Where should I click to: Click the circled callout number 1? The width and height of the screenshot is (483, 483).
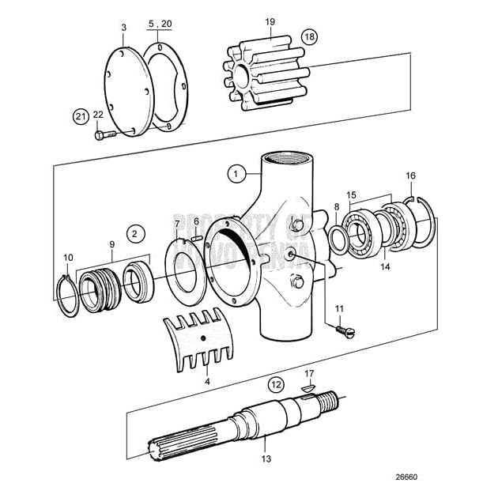[x=234, y=171]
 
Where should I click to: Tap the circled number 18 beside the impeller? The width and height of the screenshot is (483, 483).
[x=308, y=37]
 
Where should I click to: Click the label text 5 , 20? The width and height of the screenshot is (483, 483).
[x=159, y=24]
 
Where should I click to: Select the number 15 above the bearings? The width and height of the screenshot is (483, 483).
[x=351, y=194]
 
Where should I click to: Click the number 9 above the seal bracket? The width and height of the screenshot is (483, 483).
[x=111, y=243]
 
